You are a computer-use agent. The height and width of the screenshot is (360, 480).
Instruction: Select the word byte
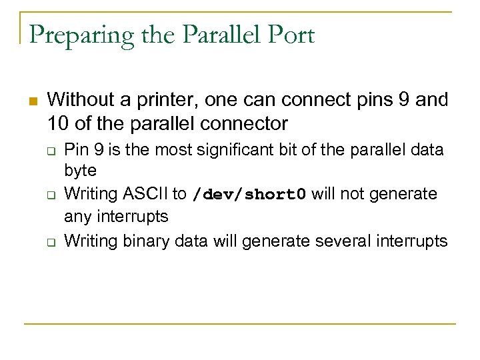tap(80, 171)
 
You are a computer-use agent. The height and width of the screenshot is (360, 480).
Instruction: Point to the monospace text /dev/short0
tap(249, 195)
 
